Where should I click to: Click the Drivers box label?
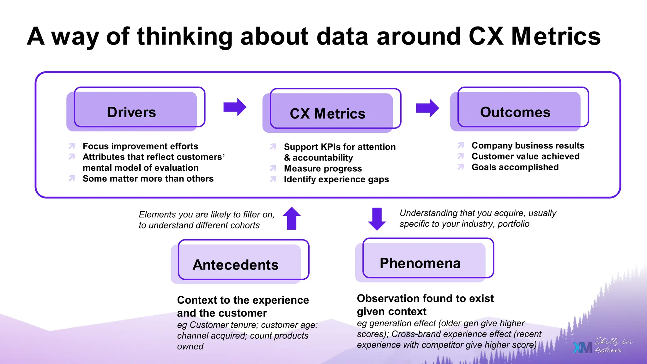click(132, 112)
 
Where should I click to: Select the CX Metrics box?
click(328, 113)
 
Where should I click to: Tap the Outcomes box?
click(515, 112)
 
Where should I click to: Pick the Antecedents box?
click(236, 265)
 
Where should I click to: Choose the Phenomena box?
click(420, 263)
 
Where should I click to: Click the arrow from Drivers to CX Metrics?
click(235, 107)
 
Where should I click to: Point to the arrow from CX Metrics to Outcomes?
click(427, 108)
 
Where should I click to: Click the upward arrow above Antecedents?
click(292, 218)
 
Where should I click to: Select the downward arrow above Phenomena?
click(377, 219)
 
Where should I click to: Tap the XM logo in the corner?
click(582, 348)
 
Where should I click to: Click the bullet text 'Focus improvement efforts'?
click(140, 146)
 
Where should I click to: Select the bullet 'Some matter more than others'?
click(148, 179)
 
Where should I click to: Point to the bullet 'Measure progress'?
click(323, 168)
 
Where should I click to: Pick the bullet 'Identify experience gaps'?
click(336, 179)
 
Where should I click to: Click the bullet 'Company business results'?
click(528, 145)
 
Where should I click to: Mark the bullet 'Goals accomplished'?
click(515, 167)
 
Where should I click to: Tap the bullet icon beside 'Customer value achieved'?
click(461, 156)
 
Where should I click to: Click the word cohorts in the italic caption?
click(245, 225)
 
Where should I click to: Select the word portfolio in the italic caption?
click(513, 224)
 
